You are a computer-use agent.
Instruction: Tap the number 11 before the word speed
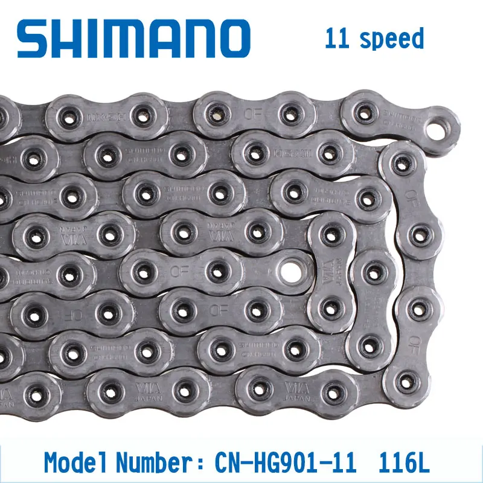pos(336,39)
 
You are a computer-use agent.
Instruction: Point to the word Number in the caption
pos(153,463)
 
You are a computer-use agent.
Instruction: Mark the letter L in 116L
pos(423,463)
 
